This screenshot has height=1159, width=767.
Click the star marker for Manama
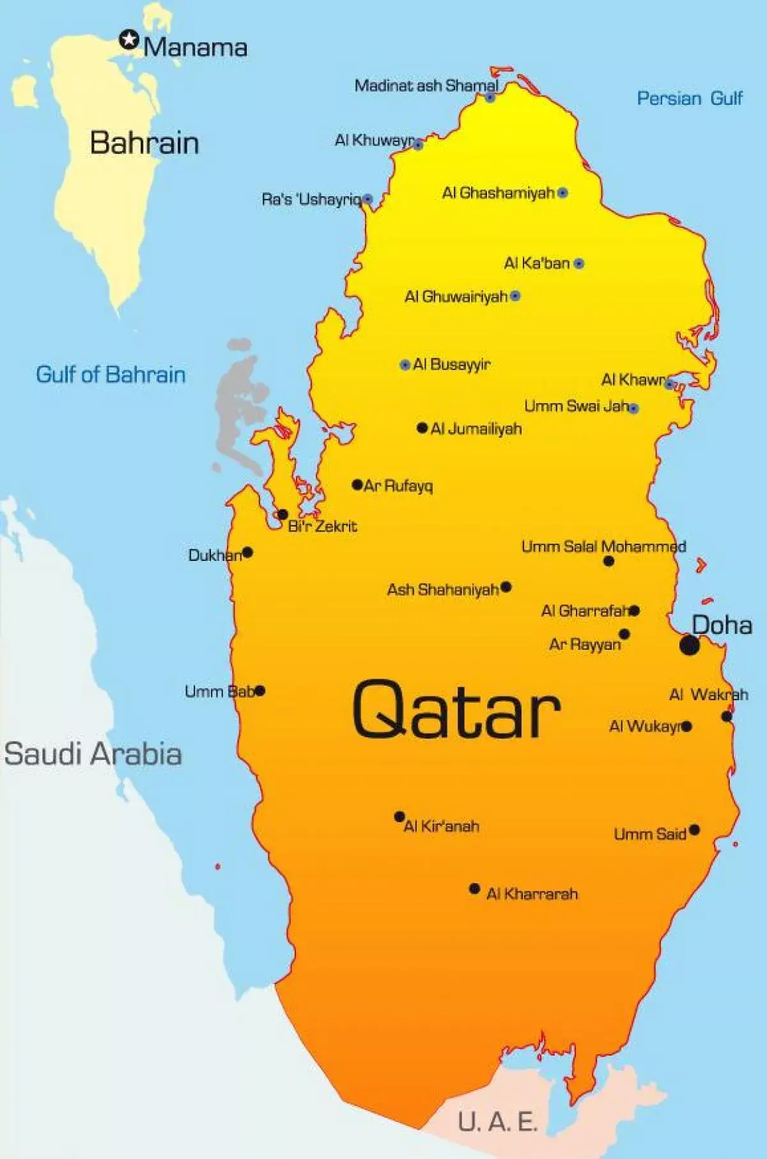129,40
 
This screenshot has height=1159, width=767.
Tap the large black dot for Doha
689,645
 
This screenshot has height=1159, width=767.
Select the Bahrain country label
144,142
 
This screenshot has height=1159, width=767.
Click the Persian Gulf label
690,98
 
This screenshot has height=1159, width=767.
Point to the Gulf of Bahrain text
111,374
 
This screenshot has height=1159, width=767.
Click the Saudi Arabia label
93,753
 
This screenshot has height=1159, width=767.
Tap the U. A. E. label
498,1121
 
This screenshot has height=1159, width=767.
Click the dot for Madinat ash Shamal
490,97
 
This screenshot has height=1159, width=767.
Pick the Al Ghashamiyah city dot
562,192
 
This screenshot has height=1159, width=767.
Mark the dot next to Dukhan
247,553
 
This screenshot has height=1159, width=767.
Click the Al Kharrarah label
532,894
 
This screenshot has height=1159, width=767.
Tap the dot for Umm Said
695,831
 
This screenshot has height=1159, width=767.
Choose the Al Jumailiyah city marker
422,428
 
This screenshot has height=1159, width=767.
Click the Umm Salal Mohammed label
603,547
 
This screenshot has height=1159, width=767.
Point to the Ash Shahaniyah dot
506,587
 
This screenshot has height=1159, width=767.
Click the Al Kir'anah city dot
399,817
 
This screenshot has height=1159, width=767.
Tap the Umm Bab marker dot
260,691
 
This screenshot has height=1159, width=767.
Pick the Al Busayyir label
452,365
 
